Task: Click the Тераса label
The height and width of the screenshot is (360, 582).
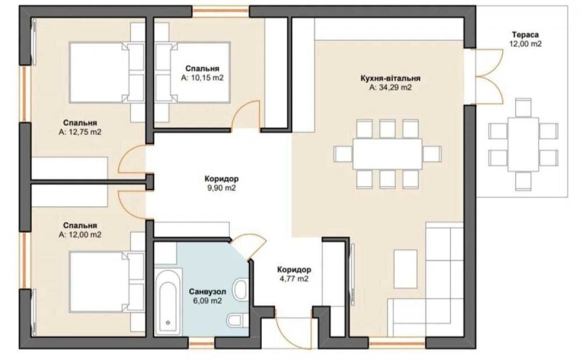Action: click(x=525, y=35)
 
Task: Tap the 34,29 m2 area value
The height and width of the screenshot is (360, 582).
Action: click(x=391, y=88)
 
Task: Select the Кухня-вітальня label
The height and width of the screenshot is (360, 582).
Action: click(x=391, y=79)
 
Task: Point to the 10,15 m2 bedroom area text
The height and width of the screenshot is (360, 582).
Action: click(x=203, y=79)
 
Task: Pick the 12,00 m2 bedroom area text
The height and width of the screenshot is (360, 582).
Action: click(x=80, y=235)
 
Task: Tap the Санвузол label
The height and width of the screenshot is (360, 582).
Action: click(x=208, y=291)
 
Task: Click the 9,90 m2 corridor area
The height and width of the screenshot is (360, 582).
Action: click(x=222, y=188)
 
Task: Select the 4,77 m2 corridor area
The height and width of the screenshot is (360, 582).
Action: click(x=294, y=279)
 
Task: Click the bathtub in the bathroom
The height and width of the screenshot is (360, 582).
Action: click(x=168, y=302)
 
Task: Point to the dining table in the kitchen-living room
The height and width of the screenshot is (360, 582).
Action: click(x=387, y=154)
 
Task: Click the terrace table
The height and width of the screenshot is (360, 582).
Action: click(x=523, y=144)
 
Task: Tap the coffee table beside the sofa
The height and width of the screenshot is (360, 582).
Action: click(x=405, y=269)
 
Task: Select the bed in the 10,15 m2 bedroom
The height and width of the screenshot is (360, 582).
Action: click(x=193, y=72)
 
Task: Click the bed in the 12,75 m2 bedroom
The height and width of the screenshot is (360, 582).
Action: click(x=107, y=72)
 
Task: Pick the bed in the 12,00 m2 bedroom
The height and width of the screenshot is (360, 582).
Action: click(x=107, y=281)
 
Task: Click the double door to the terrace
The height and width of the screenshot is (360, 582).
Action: click(x=489, y=77)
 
